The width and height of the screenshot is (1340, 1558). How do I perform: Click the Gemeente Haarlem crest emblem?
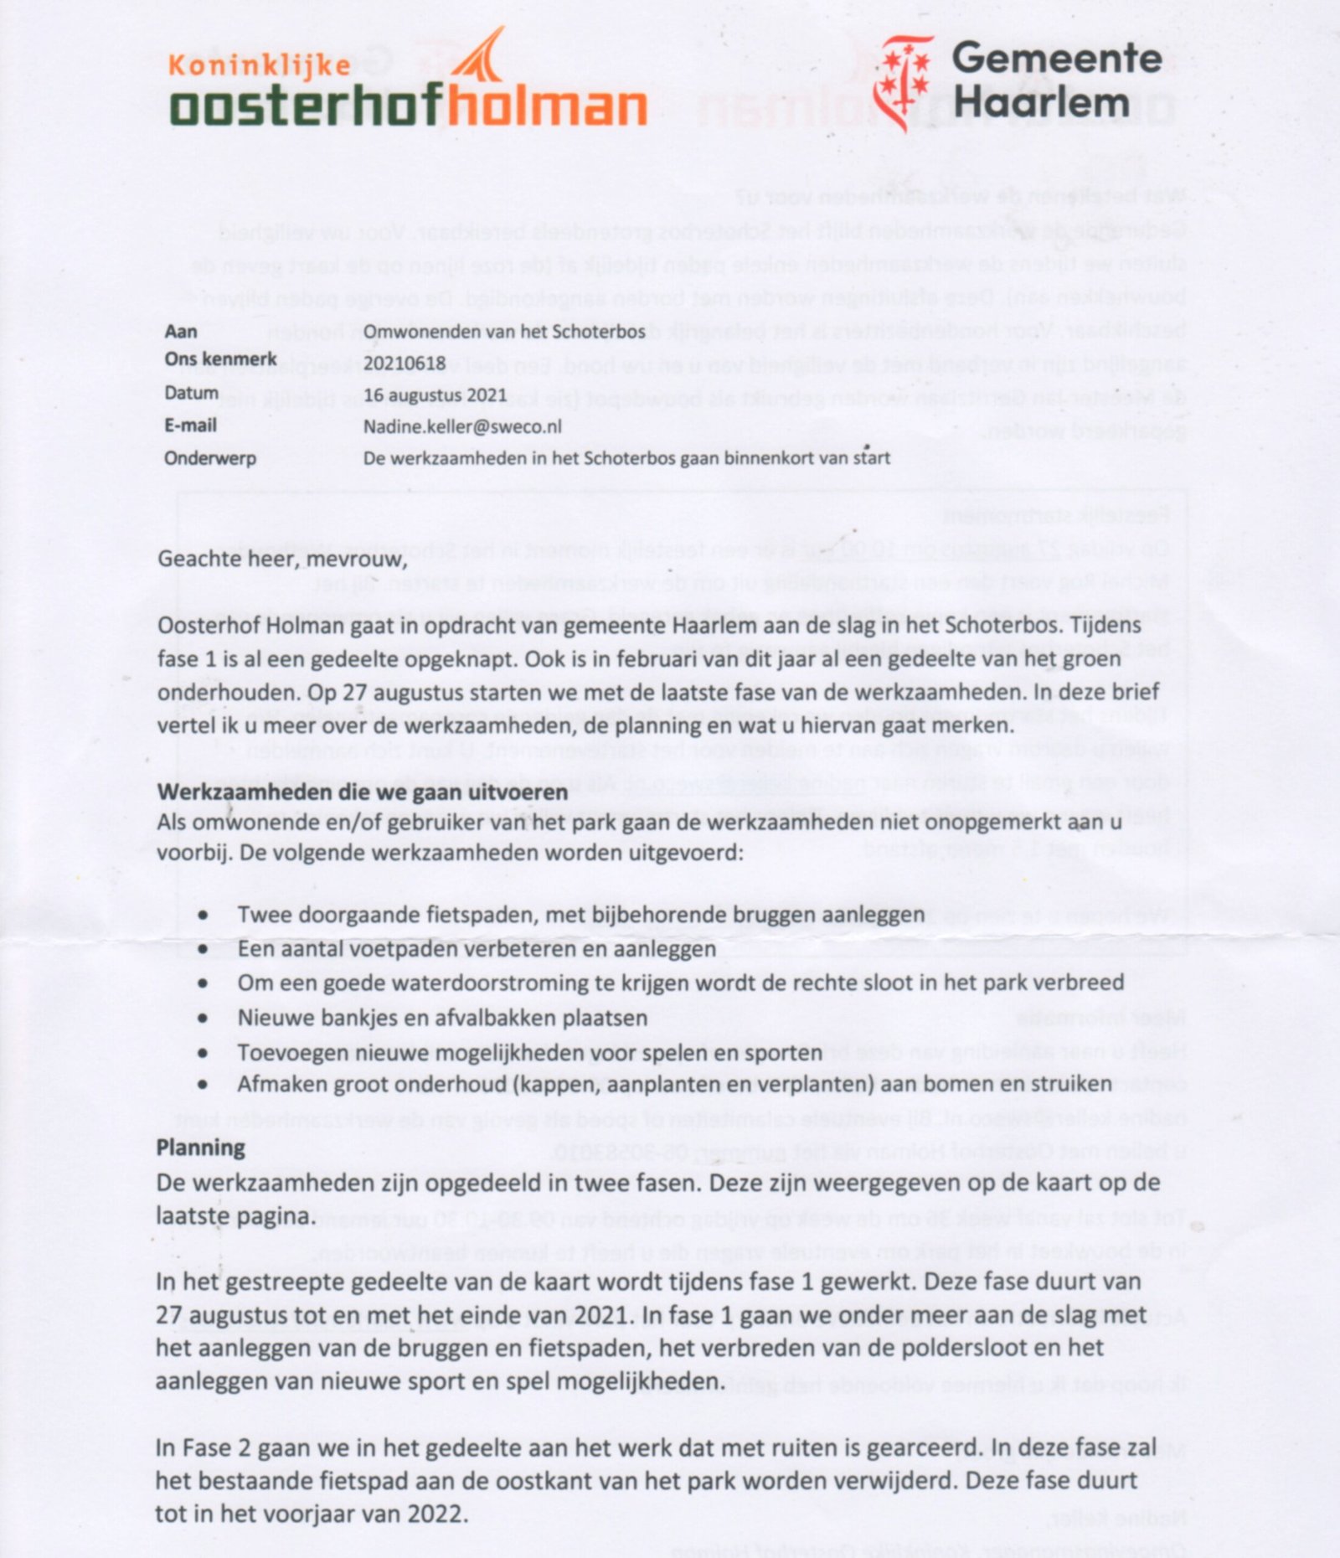coord(903,80)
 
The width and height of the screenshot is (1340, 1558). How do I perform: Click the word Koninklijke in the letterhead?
coord(260,65)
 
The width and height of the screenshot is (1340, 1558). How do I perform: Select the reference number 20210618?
coord(405,363)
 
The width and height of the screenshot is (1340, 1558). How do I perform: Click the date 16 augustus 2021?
coord(435,395)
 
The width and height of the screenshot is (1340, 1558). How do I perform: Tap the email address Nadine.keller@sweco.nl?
coord(462,426)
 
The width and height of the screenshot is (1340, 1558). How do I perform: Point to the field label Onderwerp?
coord(210,458)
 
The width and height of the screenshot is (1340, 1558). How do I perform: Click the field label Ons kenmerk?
coord(220,359)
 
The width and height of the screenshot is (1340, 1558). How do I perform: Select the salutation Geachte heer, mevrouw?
coord(282,558)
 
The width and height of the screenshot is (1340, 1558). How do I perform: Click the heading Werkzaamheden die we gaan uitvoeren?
coord(362,792)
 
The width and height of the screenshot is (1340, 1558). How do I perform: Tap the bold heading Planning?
coord(200,1147)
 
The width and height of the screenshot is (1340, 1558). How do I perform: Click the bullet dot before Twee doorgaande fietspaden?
coord(204,916)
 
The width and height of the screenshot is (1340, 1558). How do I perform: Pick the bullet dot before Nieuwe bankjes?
coord(204,1019)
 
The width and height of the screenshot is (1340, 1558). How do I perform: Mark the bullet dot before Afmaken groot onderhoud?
coord(204,1085)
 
